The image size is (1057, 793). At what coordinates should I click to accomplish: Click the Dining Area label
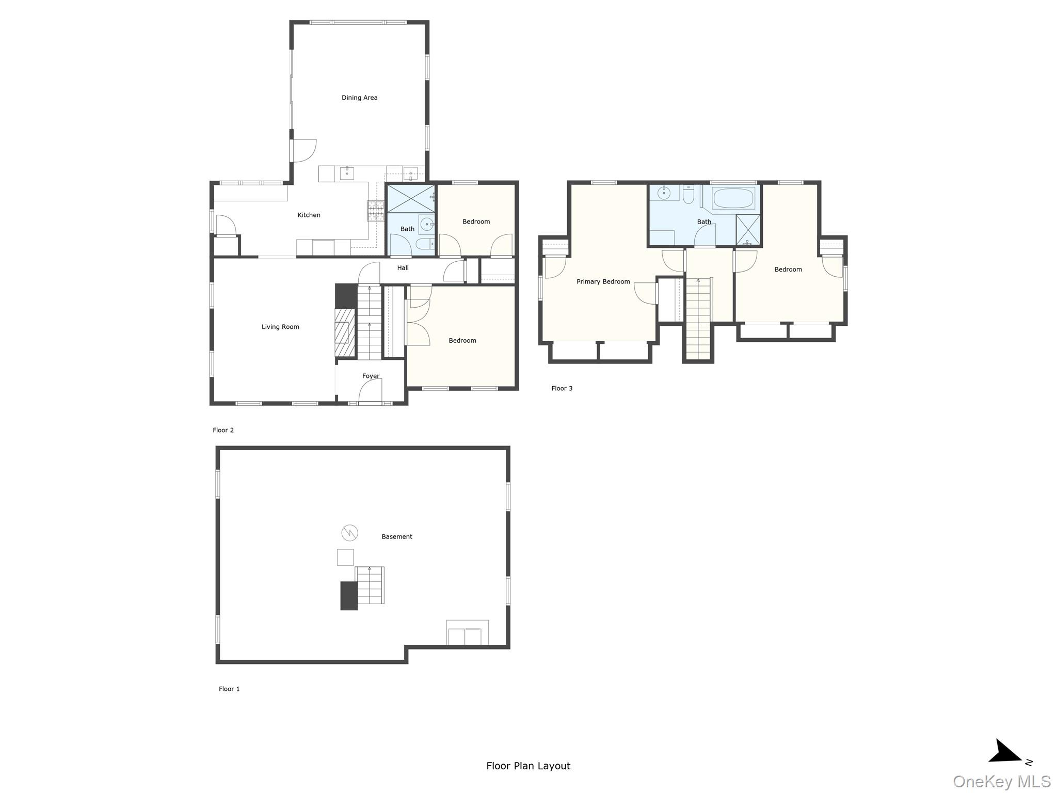coord(359,98)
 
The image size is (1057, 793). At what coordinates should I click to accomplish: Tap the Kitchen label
coord(309,215)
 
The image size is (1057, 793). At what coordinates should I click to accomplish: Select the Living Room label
coord(280,327)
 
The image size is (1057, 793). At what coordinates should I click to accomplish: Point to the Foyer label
coord(371,376)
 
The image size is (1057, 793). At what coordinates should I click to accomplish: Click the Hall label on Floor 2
coord(403,267)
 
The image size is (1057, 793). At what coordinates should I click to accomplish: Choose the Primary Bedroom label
coord(603,281)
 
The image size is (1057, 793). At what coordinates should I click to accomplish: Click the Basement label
coord(396,536)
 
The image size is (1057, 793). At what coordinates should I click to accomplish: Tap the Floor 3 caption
coord(562,388)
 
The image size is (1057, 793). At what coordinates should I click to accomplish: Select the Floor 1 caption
coord(229,689)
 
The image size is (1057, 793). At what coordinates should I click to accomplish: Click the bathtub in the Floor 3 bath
coord(733,198)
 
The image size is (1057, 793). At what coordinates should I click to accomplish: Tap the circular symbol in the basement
coord(349,532)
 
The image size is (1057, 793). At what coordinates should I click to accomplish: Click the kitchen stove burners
coord(375,211)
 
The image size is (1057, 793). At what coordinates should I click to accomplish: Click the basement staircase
coord(370,585)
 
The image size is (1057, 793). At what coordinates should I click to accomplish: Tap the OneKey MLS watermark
coord(1001,782)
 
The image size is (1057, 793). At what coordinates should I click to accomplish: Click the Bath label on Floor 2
coord(407,229)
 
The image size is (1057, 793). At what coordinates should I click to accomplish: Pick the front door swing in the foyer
coord(370,392)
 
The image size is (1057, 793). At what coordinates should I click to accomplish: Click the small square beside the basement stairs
coord(345,557)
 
